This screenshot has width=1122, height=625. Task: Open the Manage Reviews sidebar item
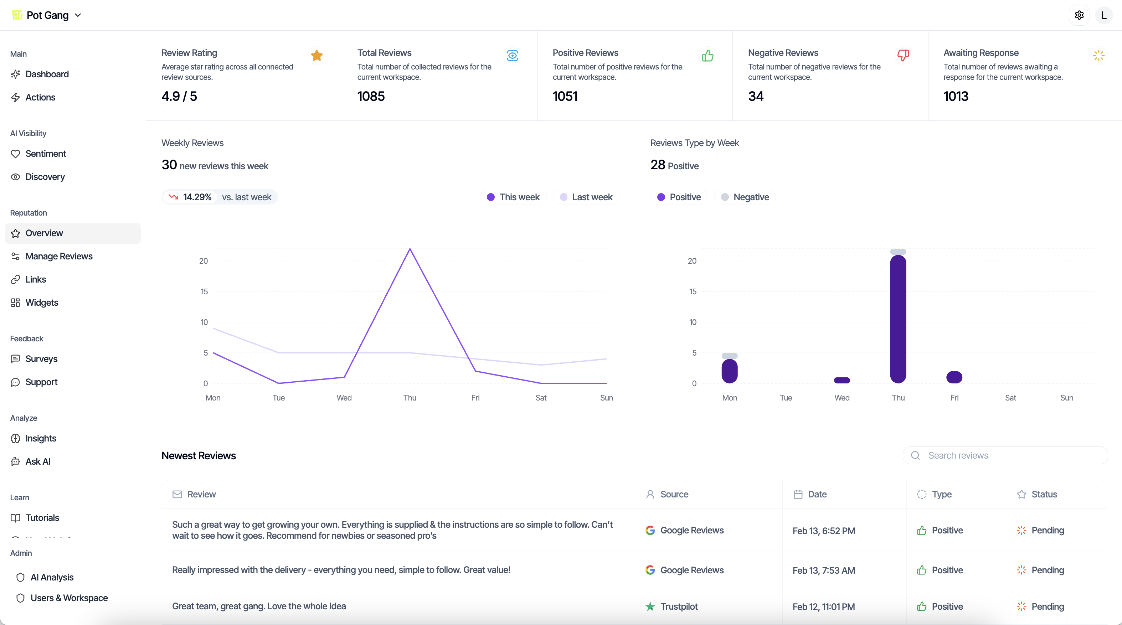point(59,256)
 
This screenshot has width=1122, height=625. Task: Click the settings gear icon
point(1079,15)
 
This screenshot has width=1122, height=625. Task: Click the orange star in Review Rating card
point(316,55)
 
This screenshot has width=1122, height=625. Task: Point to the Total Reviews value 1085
point(371,96)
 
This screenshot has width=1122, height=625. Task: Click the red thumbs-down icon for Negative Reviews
point(903,55)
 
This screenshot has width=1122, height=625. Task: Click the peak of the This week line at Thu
point(410,249)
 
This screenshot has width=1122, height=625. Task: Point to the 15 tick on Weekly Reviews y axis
point(204,291)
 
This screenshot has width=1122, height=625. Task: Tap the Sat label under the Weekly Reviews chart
point(541,398)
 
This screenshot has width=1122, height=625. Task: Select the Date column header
point(817,494)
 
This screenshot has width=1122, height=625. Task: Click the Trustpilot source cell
point(678,606)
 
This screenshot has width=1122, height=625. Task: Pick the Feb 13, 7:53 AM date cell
point(823,570)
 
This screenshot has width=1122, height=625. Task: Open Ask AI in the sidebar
point(38,461)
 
